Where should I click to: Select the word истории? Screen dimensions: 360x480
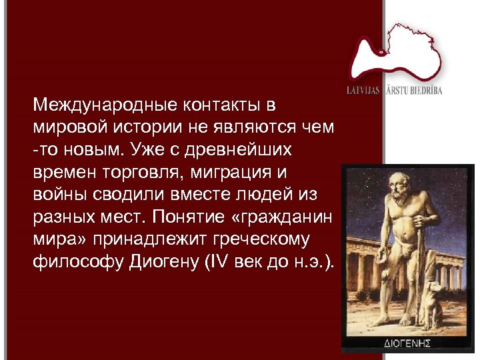(151, 127)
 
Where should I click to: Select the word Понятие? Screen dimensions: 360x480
(191, 217)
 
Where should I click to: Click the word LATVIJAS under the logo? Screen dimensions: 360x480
(364, 89)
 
